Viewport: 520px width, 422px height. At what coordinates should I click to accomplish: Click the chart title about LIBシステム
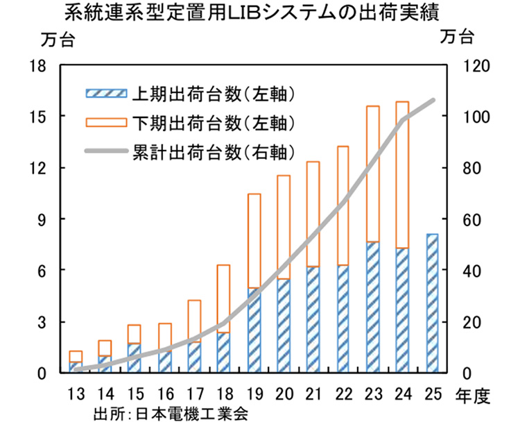pos(259,13)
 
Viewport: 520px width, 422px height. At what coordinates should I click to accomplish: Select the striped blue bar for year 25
pos(432,303)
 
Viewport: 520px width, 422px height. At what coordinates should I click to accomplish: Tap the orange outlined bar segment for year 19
pos(254,240)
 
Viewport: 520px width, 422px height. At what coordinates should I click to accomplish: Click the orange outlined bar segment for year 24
pos(402,174)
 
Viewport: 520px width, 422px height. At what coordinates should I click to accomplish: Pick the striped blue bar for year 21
pos(313,319)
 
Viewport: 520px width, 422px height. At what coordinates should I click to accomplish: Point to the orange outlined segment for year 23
pos(372,174)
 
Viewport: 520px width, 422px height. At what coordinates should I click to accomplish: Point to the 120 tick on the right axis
pos(478,65)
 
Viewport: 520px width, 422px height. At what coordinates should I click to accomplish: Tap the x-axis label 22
pos(343,394)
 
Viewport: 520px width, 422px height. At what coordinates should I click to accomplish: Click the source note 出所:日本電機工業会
pos(169,412)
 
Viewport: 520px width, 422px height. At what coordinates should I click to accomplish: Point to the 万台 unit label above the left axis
pos(57,40)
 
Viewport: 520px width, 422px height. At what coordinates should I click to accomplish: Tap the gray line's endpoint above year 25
pos(433,101)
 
